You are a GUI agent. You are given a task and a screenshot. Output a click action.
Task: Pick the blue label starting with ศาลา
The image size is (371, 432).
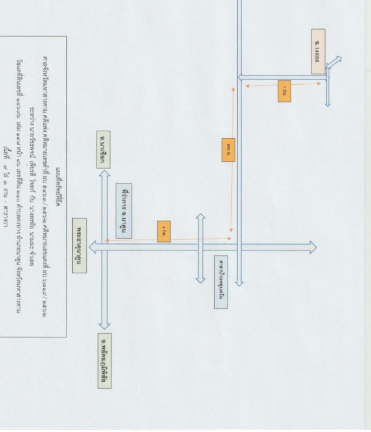click(x=221, y=282)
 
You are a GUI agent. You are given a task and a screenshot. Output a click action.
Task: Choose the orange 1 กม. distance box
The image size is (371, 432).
click(x=284, y=91)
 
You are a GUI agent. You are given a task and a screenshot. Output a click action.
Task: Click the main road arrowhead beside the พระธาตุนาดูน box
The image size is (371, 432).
click(x=93, y=247)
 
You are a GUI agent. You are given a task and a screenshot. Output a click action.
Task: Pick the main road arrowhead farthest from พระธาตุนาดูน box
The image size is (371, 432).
click(x=313, y=248)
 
